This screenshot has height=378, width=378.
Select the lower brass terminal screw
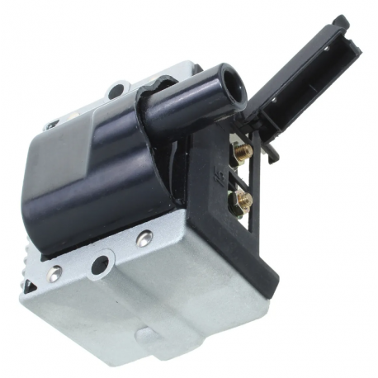(243, 199)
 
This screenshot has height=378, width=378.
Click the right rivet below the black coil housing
(144, 239)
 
